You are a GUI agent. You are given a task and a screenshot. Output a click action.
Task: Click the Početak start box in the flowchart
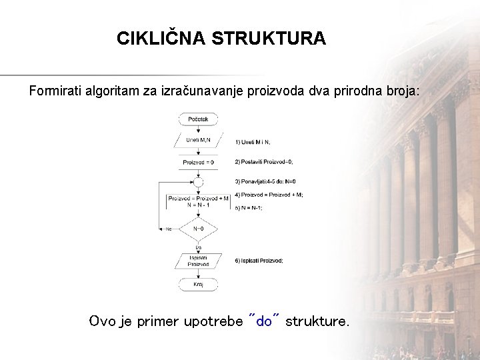tap(198, 119)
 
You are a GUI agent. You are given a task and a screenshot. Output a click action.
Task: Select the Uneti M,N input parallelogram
tap(198, 140)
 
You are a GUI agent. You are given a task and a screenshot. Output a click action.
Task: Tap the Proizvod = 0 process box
tap(198, 161)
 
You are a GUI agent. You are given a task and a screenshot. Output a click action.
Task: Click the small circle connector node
tap(198, 181)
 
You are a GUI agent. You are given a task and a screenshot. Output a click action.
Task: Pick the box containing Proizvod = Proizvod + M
tap(198, 201)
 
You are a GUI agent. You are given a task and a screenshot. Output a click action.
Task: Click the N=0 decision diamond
tap(198, 229)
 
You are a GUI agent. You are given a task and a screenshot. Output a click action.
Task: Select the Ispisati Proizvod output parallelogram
tap(198, 260)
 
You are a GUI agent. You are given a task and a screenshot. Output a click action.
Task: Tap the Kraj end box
tap(198, 284)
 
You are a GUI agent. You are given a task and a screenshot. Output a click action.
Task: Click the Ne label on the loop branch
tap(169, 229)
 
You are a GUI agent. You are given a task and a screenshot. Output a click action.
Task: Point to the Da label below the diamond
tap(198, 246)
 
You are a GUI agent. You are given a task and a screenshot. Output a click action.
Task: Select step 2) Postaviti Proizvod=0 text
tap(264, 162)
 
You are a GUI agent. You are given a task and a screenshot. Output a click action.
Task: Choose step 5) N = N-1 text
tap(249, 208)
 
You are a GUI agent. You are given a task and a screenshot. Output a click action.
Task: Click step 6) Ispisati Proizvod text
tap(259, 261)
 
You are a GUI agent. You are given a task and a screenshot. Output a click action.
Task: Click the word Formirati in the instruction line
tap(55, 90)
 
